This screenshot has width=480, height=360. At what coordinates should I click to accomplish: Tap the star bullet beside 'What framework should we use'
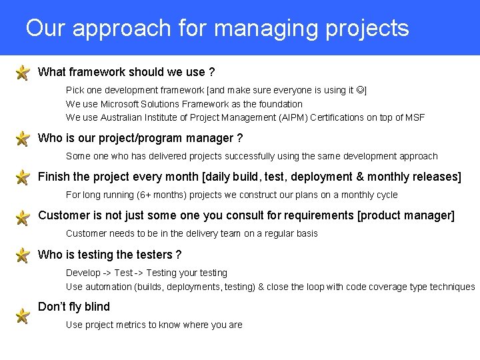click(22, 72)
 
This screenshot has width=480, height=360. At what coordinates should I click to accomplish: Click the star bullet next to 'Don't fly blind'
click(22, 315)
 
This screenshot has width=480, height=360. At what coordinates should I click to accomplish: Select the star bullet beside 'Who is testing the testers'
click(22, 255)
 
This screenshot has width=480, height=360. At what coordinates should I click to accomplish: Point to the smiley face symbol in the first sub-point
click(360, 90)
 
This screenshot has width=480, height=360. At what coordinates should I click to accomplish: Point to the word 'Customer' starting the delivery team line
click(86, 234)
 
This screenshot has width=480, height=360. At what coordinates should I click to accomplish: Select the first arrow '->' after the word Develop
click(105, 273)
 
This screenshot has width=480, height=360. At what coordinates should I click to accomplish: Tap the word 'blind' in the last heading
click(97, 307)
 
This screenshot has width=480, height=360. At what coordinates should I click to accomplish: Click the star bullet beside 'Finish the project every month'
click(22, 178)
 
